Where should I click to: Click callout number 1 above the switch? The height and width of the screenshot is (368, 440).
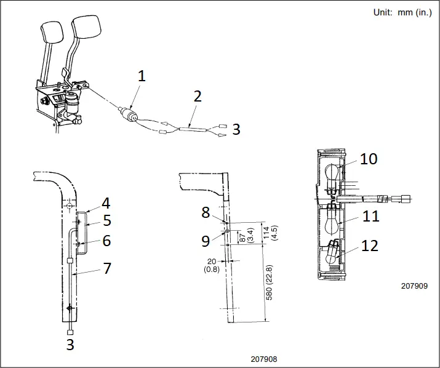click(142, 76)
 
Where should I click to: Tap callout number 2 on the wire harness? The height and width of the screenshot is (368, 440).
click(197, 96)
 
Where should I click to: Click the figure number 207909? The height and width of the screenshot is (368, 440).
click(413, 286)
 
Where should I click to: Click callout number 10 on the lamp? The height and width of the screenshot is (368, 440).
click(369, 159)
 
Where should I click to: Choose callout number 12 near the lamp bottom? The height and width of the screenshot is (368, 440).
click(369, 246)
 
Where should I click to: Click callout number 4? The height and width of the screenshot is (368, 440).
click(106, 202)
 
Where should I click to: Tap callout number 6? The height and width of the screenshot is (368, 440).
click(106, 241)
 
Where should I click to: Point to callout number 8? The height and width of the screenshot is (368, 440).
click(206, 212)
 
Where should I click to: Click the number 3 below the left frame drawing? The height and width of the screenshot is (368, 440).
click(70, 345)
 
